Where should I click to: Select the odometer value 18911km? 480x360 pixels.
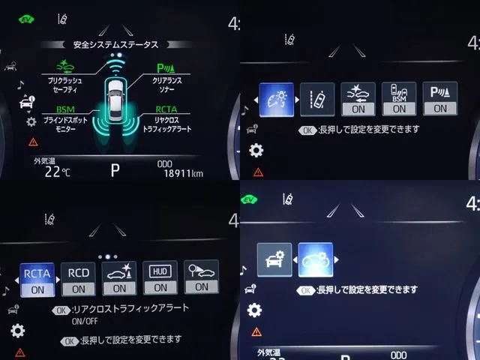click(x=183, y=173)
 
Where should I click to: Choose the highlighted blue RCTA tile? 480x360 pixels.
click(x=37, y=278)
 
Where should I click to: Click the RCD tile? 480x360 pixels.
click(x=78, y=278)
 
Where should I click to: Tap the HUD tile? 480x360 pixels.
click(x=160, y=278)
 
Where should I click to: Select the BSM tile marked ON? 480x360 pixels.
click(x=398, y=99)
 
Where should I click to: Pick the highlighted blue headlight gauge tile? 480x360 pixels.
click(x=275, y=98)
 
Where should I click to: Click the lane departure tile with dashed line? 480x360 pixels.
click(x=317, y=99)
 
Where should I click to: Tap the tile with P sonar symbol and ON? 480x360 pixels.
click(x=439, y=99)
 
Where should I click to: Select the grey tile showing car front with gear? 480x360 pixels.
click(x=274, y=259)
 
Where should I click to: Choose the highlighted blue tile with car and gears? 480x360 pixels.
click(x=314, y=259)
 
